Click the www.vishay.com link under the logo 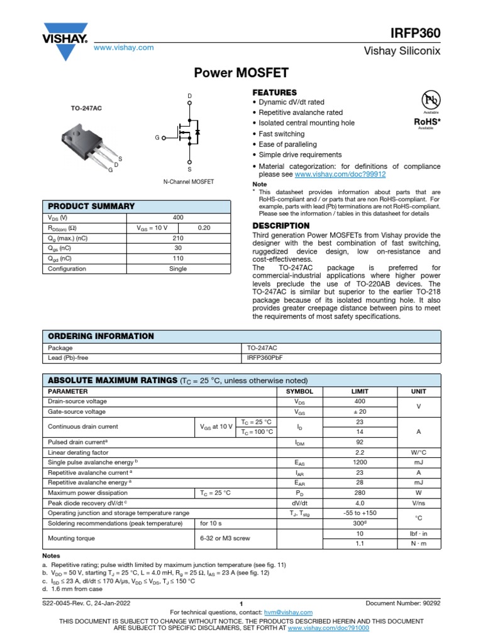[x=123, y=48]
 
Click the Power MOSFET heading [x=241, y=73]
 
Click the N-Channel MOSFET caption [x=189, y=181]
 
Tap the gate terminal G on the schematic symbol [x=157, y=138]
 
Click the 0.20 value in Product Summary [x=204, y=228]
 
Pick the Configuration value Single [x=178, y=269]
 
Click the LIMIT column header [x=360, y=391]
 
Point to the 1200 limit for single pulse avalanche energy [x=360, y=462]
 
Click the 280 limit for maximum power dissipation [x=360, y=492]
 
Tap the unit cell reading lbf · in [x=418, y=533]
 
